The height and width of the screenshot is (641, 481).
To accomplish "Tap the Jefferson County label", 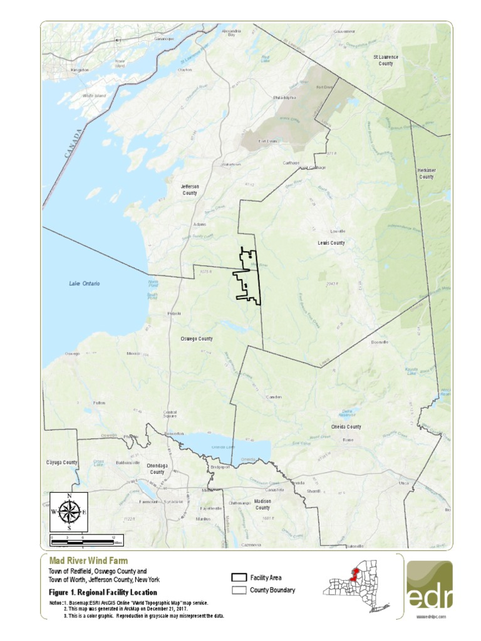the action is click(x=189, y=190).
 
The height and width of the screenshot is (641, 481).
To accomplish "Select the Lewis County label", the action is click(x=331, y=243).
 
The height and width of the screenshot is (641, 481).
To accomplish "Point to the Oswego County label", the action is click(x=196, y=339).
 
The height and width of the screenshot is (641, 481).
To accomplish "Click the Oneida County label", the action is click(x=346, y=427).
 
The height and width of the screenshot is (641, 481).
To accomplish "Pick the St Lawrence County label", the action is click(x=386, y=60).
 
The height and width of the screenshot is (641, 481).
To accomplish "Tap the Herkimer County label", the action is click(x=426, y=173).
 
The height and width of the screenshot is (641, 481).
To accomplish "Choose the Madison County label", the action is click(x=262, y=505).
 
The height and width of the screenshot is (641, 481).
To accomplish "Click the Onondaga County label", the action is click(x=157, y=469).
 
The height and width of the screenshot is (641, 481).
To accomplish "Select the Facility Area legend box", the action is click(x=238, y=577).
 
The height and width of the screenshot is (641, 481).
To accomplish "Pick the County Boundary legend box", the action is click(x=238, y=590).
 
